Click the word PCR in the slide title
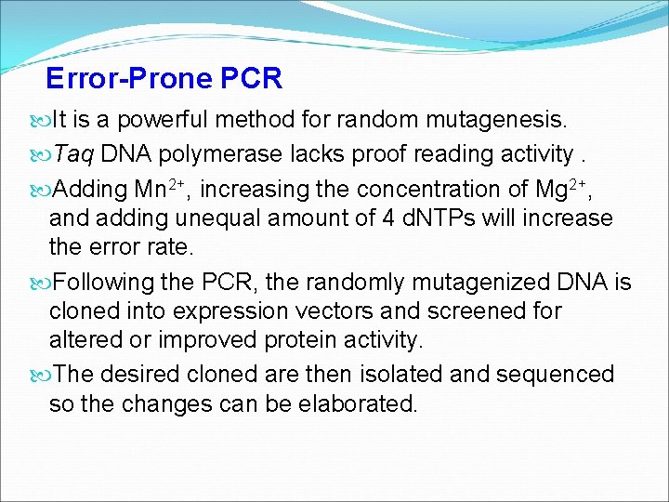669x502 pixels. coord(252,78)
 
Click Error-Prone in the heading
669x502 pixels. coord(129,78)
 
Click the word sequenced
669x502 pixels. coord(563,375)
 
